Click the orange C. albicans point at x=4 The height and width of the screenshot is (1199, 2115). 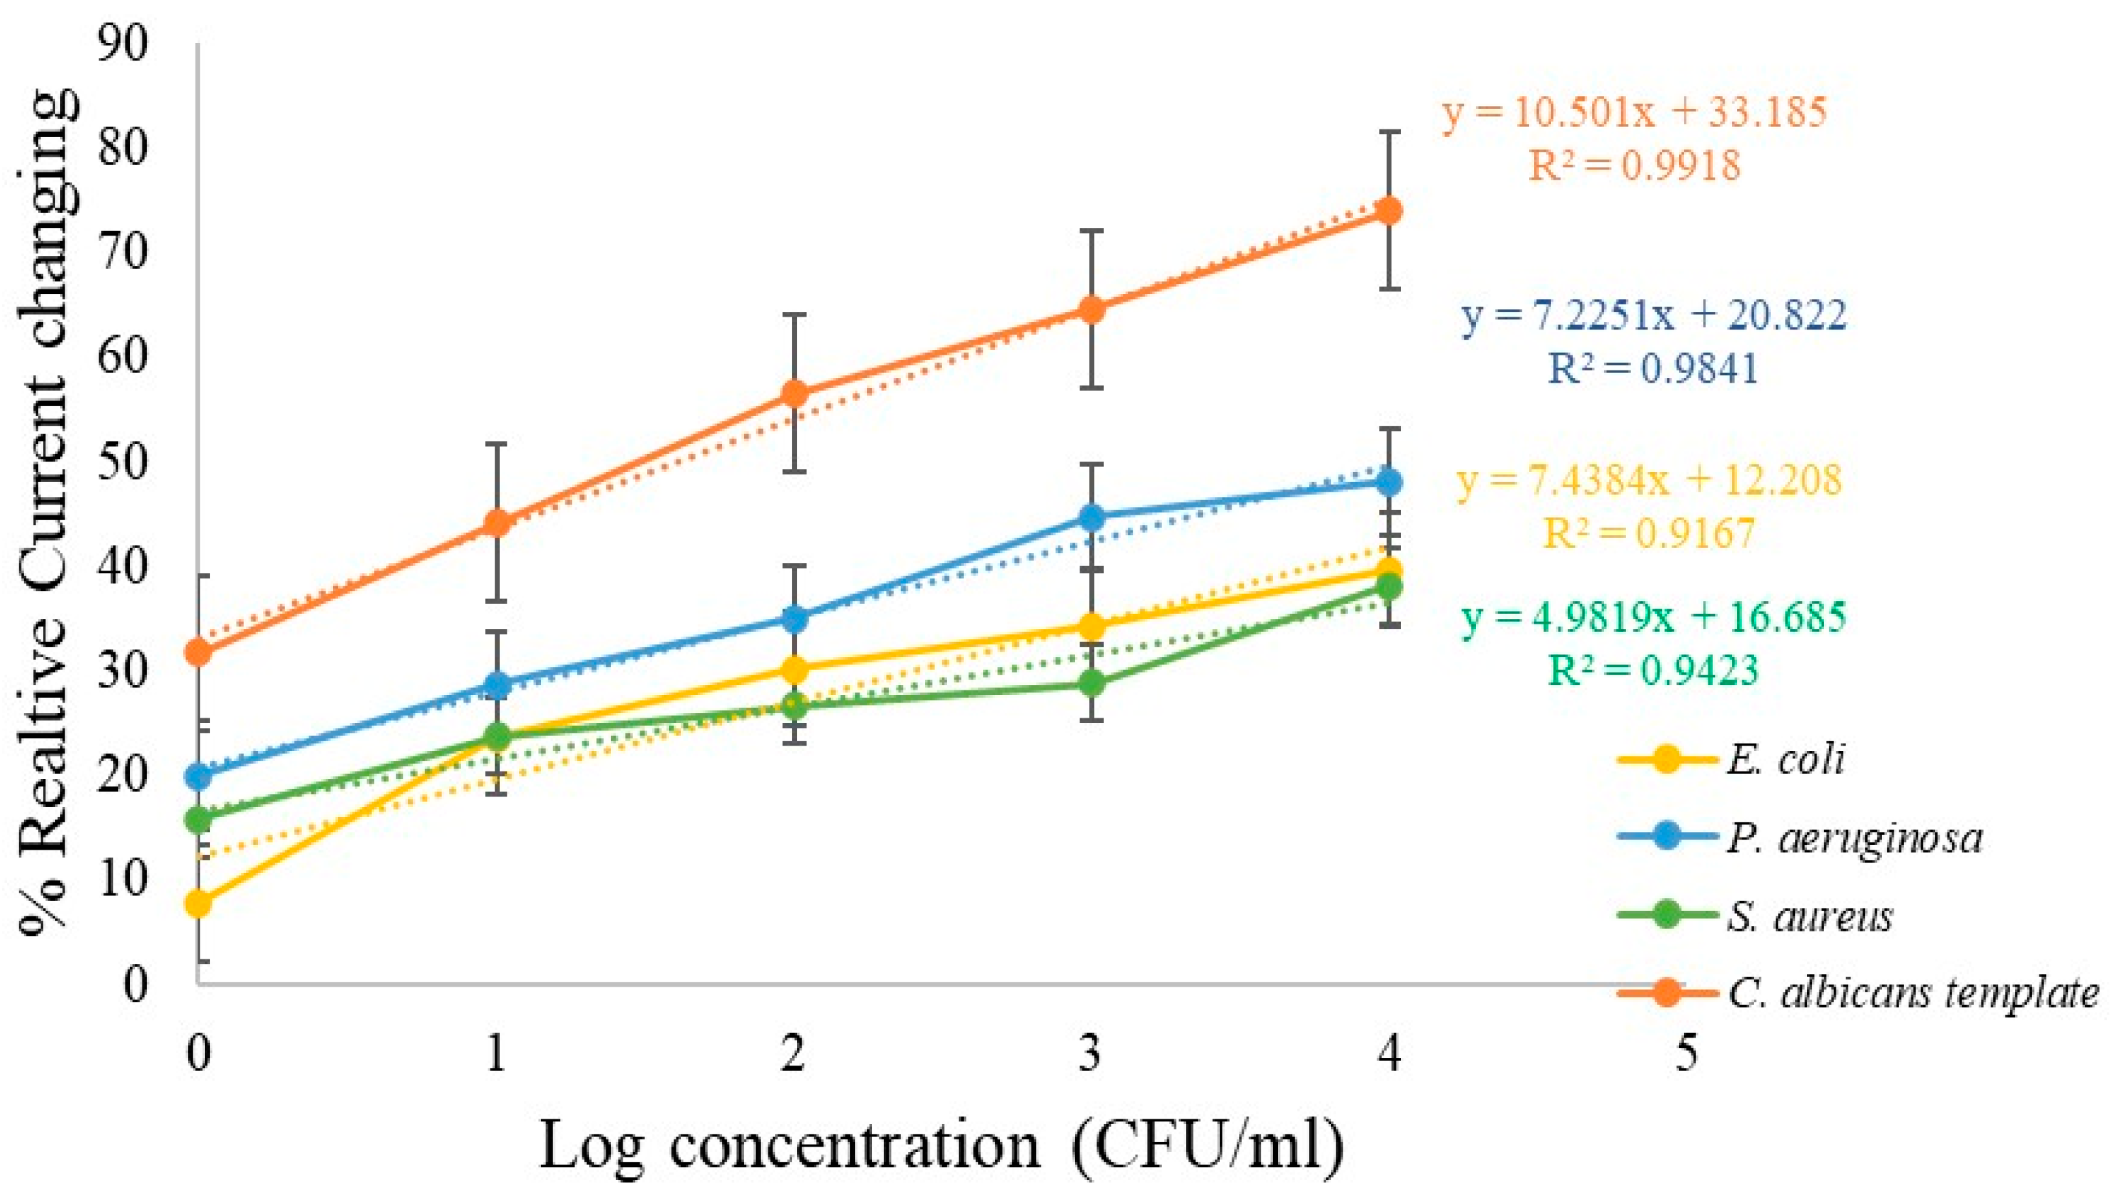(x=1389, y=211)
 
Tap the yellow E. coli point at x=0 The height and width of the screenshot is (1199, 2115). (x=198, y=904)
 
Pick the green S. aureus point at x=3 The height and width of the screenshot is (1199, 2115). (x=1091, y=683)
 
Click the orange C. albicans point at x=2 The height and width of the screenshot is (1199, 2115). (x=794, y=394)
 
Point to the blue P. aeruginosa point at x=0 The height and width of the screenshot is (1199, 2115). (x=198, y=776)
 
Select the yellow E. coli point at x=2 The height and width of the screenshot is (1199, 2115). (x=794, y=669)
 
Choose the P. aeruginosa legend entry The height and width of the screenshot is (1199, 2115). (x=1800, y=837)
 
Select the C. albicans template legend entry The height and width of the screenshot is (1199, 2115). (x=1858, y=993)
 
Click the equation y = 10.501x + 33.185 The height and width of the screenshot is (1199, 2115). (x=1635, y=111)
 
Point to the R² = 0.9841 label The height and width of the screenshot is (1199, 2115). (x=1654, y=368)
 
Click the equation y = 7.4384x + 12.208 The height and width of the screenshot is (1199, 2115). (x=1649, y=480)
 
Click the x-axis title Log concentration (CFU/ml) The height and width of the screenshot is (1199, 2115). (x=942, y=1147)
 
